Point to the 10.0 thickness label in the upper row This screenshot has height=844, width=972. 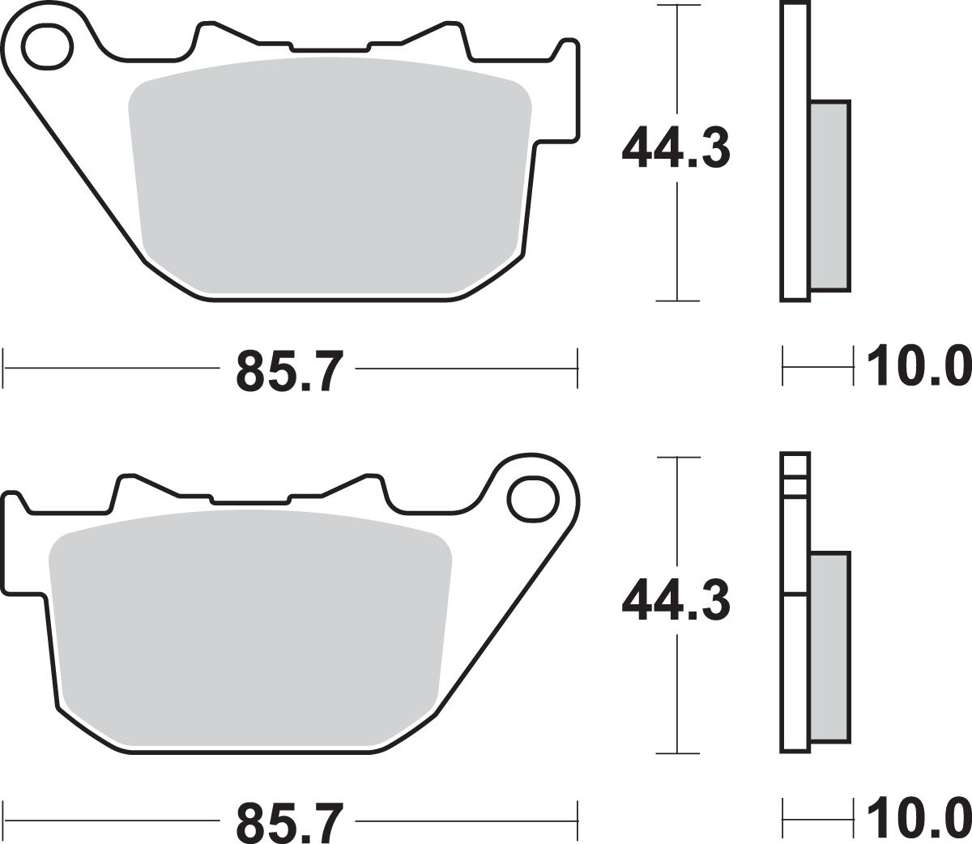[x=918, y=366]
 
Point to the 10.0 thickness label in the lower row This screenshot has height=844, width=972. [x=918, y=820]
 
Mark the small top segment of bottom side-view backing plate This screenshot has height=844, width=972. [x=795, y=465]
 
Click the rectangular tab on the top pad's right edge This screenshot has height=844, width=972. [x=566, y=89]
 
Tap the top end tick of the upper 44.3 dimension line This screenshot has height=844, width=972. [x=677, y=5]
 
